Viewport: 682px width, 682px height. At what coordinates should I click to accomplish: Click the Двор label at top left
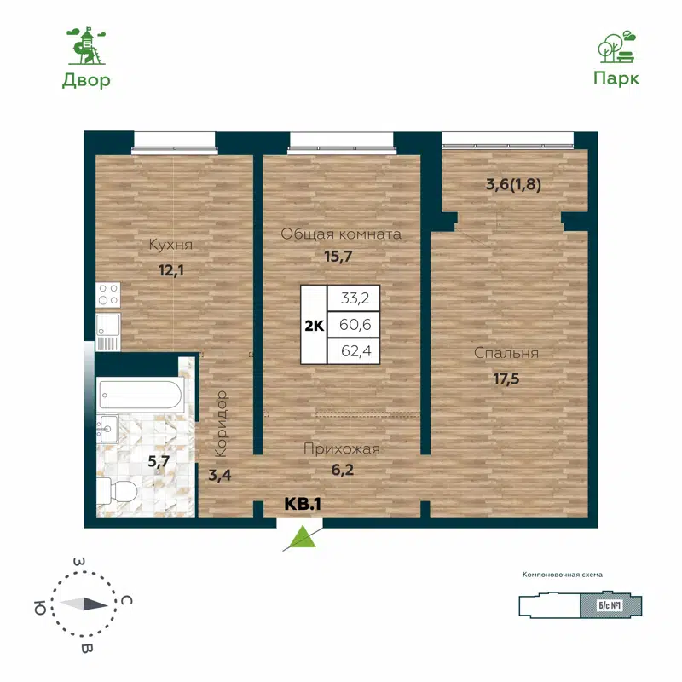tap(86, 81)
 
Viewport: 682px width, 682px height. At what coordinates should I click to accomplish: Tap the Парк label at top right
tap(616, 78)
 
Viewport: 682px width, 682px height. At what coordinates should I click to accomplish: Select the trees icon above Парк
tap(616, 47)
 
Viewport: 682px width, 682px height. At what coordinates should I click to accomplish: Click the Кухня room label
tap(170, 246)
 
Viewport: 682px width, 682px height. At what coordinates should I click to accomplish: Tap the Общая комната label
tap(341, 234)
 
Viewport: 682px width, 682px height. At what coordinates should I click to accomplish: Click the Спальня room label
tap(507, 353)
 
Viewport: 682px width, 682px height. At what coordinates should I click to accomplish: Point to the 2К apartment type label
tap(313, 325)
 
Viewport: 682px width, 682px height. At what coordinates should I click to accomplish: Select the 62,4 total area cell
tap(354, 350)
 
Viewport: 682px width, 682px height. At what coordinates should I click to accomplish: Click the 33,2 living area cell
tap(354, 298)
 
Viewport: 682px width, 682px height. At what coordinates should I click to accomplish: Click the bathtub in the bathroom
tap(139, 395)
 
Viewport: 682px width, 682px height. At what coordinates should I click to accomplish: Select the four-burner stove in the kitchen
tap(108, 295)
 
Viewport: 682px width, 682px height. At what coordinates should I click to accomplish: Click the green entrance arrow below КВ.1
tap(300, 537)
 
